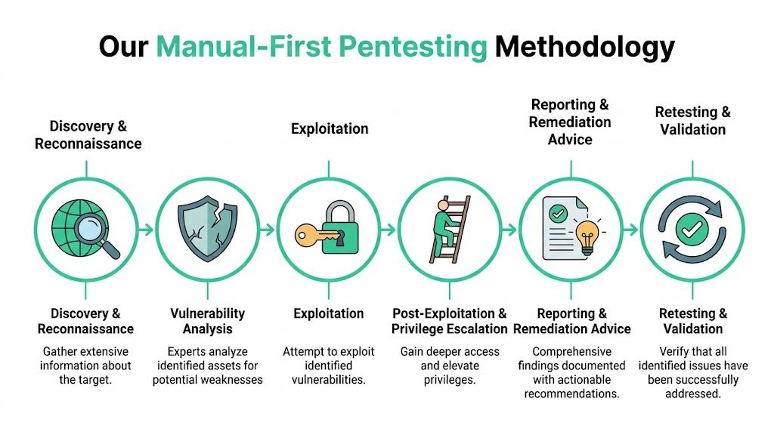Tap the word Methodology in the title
coord(584,47)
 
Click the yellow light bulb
coord(587,236)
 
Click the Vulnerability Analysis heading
coord(208,321)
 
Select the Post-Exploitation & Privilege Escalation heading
coord(450,321)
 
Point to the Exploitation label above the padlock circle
coord(330,128)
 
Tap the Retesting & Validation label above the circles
coord(692,121)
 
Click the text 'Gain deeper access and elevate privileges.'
coord(450,366)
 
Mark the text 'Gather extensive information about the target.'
coord(86,366)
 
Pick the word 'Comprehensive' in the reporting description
coord(571,351)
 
